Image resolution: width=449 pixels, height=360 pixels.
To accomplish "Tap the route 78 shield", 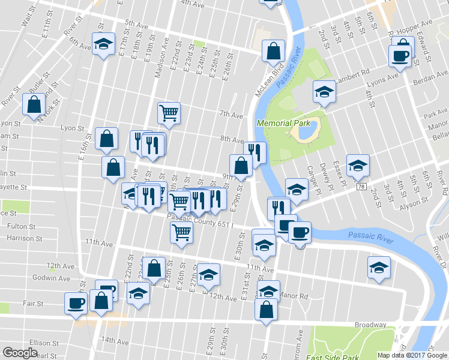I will [x=361, y=187].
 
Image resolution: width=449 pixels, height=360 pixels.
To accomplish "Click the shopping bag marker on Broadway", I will [x=266, y=310].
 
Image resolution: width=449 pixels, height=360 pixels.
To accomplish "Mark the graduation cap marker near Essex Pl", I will [x=358, y=165].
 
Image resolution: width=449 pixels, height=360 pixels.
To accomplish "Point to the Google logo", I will [x=20, y=353].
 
